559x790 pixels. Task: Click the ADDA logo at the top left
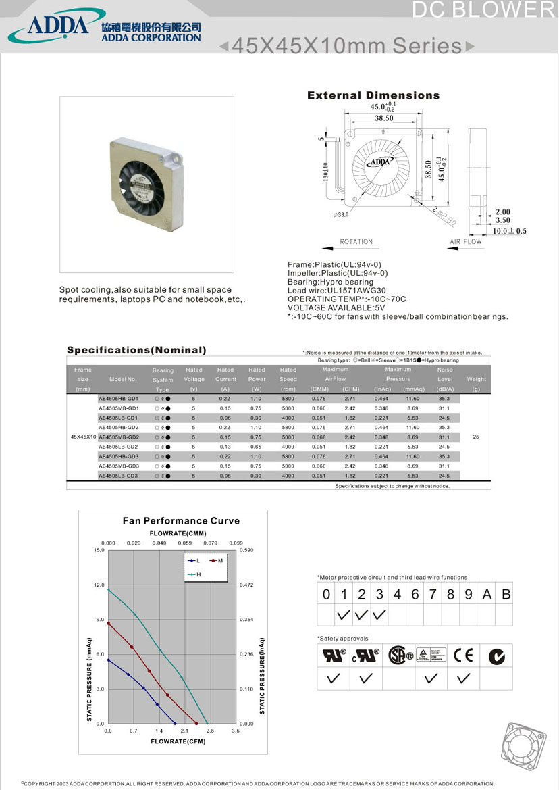pos(57,25)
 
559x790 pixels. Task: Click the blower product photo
pos(147,176)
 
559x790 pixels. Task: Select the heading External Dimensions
pos(373,95)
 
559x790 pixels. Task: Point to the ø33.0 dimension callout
pos(342,215)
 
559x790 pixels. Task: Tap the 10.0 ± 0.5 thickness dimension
pos(509,231)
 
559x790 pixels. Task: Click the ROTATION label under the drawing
pos(356,241)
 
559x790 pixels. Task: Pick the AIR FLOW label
pos(466,241)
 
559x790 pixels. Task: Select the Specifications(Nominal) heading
pos(136,350)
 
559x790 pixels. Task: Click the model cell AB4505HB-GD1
pos(118,399)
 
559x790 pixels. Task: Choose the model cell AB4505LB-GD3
pos(118,476)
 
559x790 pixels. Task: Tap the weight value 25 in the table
pos(476,437)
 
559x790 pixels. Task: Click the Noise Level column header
pos(445,379)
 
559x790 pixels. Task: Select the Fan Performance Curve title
pos(181,521)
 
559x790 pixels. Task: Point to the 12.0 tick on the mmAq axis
pos(99,585)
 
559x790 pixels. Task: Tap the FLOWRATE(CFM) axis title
pos(178,741)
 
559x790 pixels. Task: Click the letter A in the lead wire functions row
pos(487,595)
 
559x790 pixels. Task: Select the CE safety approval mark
pos(464,655)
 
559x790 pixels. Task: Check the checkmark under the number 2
pos(362,615)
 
